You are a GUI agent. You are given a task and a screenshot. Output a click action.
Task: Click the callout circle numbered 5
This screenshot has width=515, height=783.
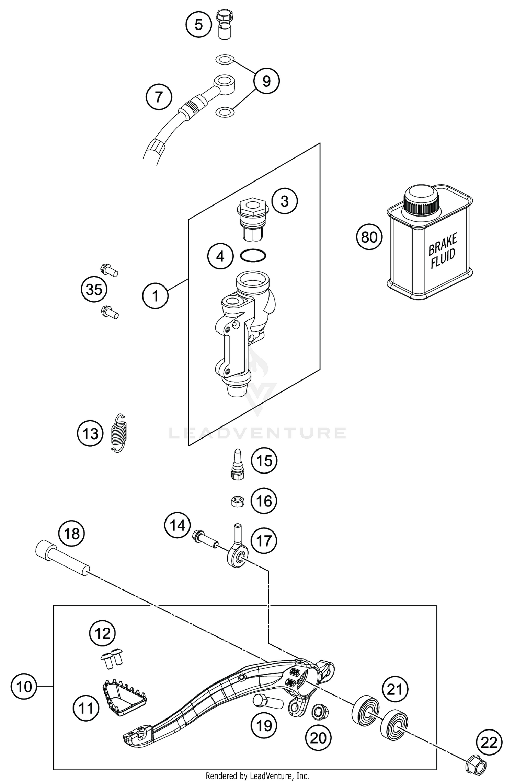tap(199, 25)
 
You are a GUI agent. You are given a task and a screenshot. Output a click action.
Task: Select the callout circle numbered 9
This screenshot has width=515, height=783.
tap(266, 81)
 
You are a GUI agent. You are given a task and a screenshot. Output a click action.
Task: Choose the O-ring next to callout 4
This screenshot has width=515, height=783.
tap(253, 256)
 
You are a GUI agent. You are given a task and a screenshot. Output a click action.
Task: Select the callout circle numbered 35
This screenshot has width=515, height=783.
tap(94, 290)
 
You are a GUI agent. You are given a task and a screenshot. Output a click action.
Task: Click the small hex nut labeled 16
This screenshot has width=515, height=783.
tap(237, 502)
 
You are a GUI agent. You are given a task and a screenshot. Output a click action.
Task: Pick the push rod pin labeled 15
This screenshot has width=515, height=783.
tap(237, 464)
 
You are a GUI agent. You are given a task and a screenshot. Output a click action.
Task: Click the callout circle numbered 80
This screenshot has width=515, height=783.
tap(369, 237)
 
